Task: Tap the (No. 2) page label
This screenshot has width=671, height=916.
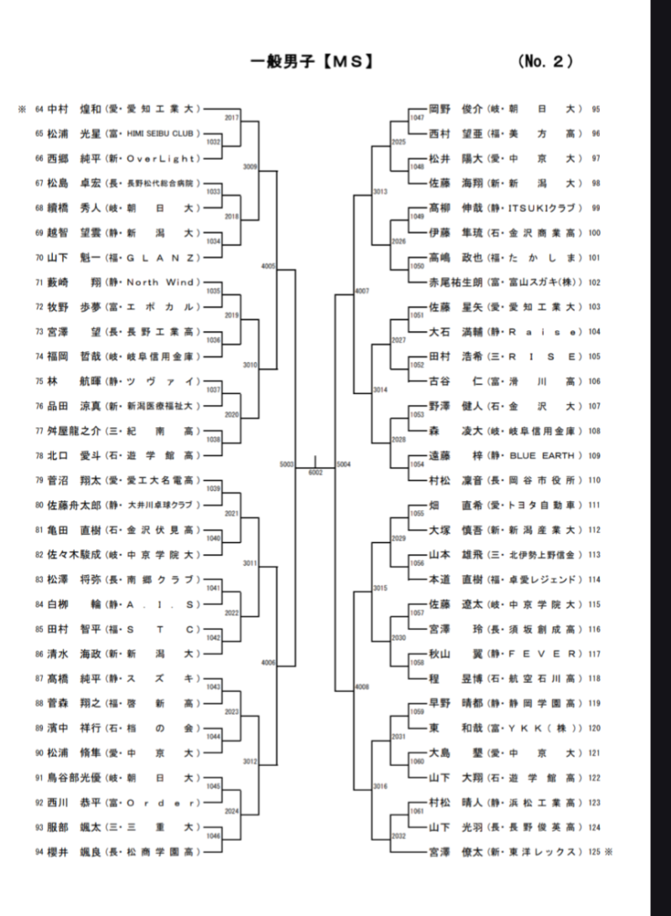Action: point(545,61)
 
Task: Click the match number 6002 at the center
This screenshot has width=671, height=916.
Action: point(315,473)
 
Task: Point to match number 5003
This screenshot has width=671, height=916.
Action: point(288,463)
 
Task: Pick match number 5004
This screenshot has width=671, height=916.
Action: point(342,463)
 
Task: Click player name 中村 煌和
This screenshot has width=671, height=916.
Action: point(73,108)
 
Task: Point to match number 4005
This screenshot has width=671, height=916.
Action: point(268,266)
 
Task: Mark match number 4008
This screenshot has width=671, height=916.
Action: point(362,686)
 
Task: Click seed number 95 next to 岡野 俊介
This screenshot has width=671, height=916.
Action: point(595,108)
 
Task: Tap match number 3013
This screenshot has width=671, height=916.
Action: point(380,192)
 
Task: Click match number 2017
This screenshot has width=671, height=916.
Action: point(232,117)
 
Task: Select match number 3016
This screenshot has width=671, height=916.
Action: point(380,785)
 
